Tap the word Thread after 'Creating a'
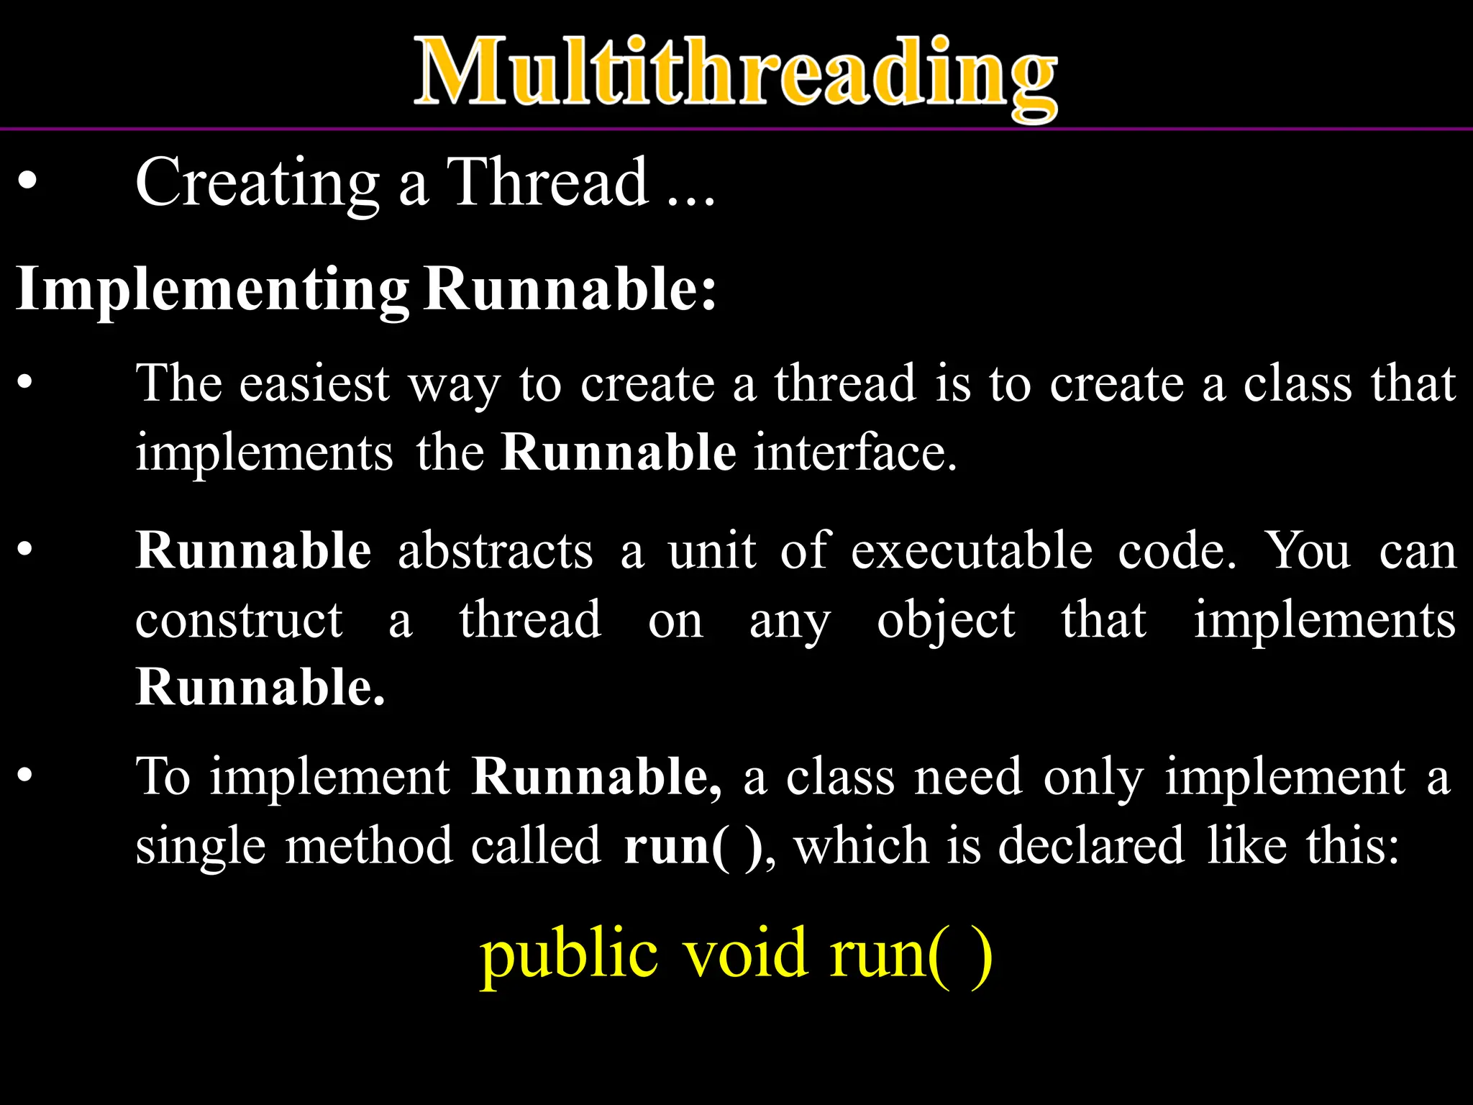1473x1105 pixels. click(547, 183)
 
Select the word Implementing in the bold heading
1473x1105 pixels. click(212, 290)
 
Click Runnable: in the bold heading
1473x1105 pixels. click(570, 290)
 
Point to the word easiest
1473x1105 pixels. click(314, 383)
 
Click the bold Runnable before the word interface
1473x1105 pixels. click(619, 453)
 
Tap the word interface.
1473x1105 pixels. click(856, 453)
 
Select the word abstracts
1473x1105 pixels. click(496, 551)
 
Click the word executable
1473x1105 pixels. click(972, 551)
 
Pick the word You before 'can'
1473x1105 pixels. click(1308, 551)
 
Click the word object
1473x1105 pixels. click(946, 620)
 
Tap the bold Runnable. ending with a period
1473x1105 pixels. click(260, 687)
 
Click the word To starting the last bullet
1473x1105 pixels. click(163, 777)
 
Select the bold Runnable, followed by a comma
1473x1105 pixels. click(596, 777)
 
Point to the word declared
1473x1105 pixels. click(1090, 846)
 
